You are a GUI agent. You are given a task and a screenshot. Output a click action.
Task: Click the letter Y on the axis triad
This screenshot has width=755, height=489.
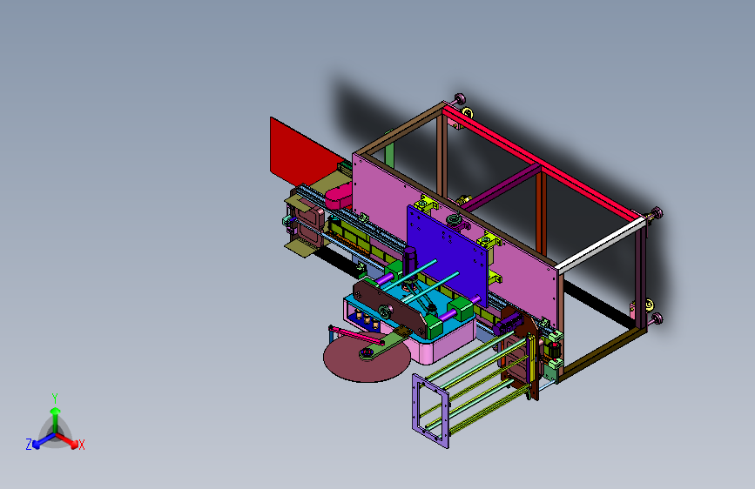[x=55, y=398]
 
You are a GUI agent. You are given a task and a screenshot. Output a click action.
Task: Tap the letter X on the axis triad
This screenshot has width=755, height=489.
[x=82, y=445]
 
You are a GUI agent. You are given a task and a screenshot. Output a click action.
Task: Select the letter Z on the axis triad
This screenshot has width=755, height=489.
[x=29, y=445]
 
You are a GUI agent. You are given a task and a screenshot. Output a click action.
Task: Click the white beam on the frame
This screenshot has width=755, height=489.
[x=600, y=244]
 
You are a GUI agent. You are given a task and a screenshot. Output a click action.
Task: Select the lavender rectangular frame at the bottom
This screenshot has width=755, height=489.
[x=430, y=411]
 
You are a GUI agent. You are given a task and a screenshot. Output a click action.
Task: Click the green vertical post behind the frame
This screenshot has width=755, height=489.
[x=389, y=154]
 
